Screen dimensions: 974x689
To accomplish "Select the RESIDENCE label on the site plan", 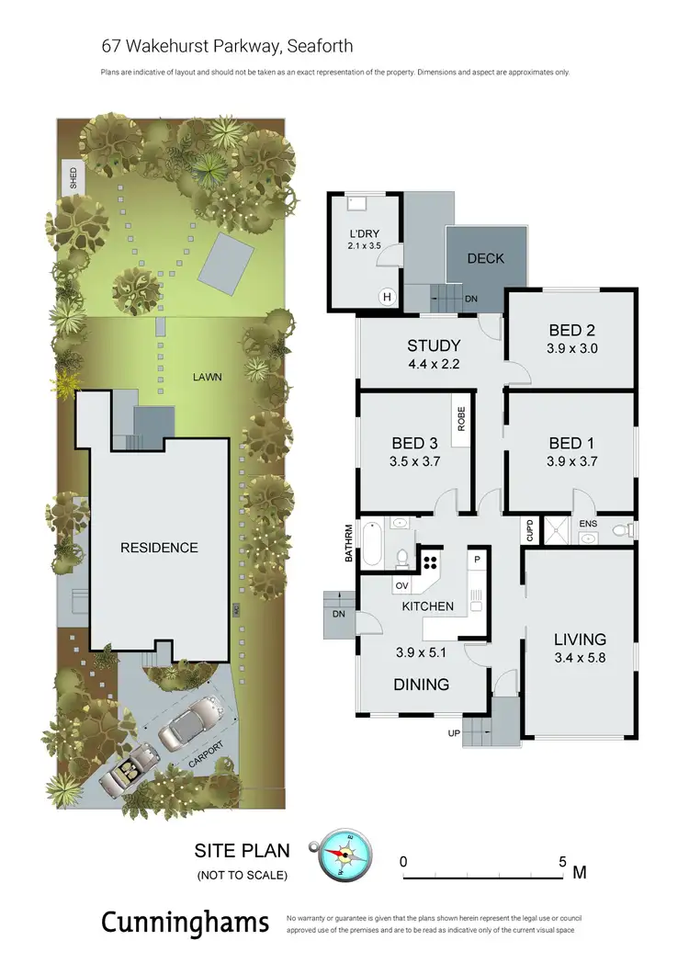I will (x=159, y=548).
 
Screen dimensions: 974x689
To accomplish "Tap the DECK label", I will (x=485, y=258).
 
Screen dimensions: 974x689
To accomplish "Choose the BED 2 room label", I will (x=571, y=330).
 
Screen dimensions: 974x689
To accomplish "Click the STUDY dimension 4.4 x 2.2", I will (x=433, y=364).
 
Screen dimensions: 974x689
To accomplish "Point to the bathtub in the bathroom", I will (x=373, y=544).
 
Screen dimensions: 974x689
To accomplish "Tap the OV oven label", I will (x=402, y=585).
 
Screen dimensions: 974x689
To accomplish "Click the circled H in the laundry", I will (x=387, y=296).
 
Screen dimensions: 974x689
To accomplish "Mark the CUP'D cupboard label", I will (x=529, y=530).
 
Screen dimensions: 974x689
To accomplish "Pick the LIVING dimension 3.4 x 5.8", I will (x=579, y=659).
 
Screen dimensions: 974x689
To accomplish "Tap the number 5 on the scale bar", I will (x=562, y=862).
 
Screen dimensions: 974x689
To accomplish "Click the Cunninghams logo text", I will (x=186, y=923).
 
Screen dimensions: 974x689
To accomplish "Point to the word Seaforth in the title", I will (x=320, y=46).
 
